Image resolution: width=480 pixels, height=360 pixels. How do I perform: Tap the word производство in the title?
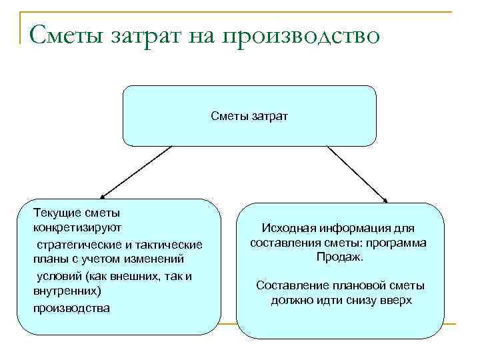309,33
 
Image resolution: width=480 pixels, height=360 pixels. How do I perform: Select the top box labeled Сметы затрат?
249,116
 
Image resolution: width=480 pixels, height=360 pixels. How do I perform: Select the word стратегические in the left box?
76,244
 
